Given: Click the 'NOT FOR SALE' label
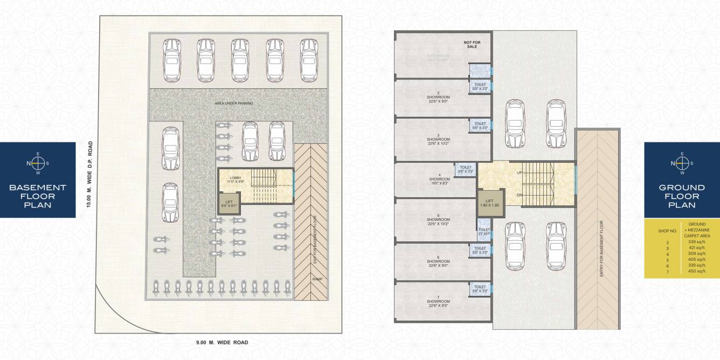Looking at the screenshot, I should (472, 44).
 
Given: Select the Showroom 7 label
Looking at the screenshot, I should (438, 302).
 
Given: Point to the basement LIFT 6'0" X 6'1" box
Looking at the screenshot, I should (229, 203).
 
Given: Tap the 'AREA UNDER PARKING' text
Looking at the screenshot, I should (233, 103).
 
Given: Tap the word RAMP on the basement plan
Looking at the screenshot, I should (317, 279).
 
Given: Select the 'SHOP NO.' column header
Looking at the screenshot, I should (663, 231).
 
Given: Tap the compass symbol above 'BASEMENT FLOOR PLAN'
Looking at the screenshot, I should (37, 163).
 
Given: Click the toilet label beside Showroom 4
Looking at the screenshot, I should (466, 169).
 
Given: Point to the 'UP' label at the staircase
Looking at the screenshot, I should (520, 173).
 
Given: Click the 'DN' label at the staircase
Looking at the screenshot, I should (520, 195).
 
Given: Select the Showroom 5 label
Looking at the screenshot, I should (438, 220).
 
